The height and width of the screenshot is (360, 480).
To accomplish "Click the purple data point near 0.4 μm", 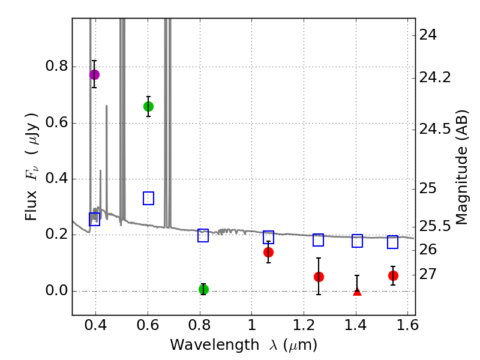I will pyautogui.click(x=94, y=74).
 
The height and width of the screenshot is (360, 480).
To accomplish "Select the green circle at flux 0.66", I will pyautogui.click(x=148, y=106).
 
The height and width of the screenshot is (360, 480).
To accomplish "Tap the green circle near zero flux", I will pyautogui.click(x=203, y=289).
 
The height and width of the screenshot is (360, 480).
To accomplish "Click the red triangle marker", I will pyautogui.click(x=357, y=292).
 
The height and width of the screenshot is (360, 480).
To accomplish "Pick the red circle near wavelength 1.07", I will pyautogui.click(x=268, y=252).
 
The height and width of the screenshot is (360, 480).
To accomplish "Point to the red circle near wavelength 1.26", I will pyautogui.click(x=319, y=277).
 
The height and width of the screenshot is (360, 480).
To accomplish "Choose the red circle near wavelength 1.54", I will pyautogui.click(x=393, y=275).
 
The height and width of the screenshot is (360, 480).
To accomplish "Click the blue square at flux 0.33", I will pyautogui.click(x=149, y=198).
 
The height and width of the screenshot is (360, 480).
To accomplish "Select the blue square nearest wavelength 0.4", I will pyautogui.click(x=94, y=220).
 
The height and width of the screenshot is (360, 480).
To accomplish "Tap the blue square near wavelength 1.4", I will pyautogui.click(x=357, y=241).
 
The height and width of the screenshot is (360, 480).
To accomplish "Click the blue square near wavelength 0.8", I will pyautogui.click(x=203, y=235).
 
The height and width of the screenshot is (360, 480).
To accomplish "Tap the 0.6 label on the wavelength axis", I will pyautogui.click(x=148, y=327).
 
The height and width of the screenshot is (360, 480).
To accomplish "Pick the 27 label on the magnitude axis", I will pyautogui.click(x=430, y=274).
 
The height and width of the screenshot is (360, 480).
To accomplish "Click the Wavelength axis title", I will pyautogui.click(x=243, y=345).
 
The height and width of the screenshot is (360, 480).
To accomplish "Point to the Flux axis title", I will pyautogui.click(x=32, y=166).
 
